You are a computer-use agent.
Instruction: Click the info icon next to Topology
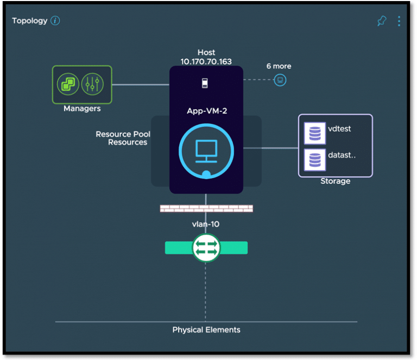tap(55, 21)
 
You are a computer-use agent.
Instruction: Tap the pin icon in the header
tap(382, 21)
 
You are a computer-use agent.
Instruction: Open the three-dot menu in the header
tap(399, 21)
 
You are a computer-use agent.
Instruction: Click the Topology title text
tap(29, 21)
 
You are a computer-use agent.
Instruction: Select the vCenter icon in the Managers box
tap(68, 84)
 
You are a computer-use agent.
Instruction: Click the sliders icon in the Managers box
tap(92, 84)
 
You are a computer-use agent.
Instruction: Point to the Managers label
tap(82, 109)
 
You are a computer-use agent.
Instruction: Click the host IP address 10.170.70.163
tap(206, 62)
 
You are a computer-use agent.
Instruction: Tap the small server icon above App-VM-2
tap(205, 83)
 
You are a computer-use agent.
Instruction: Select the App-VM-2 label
tap(207, 111)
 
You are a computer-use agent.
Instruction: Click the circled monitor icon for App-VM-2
tap(206, 151)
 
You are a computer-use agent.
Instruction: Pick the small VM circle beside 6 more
tap(280, 80)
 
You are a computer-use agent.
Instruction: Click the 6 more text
tap(279, 66)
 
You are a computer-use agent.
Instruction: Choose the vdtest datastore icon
tap(315, 133)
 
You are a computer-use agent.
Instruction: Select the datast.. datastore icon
tap(315, 160)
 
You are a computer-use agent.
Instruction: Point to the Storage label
tap(336, 181)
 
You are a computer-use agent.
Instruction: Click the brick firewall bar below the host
tap(206, 208)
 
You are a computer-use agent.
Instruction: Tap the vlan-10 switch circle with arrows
tap(206, 248)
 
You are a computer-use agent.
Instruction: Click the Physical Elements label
tap(206, 330)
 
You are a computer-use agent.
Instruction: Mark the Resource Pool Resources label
tap(123, 138)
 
